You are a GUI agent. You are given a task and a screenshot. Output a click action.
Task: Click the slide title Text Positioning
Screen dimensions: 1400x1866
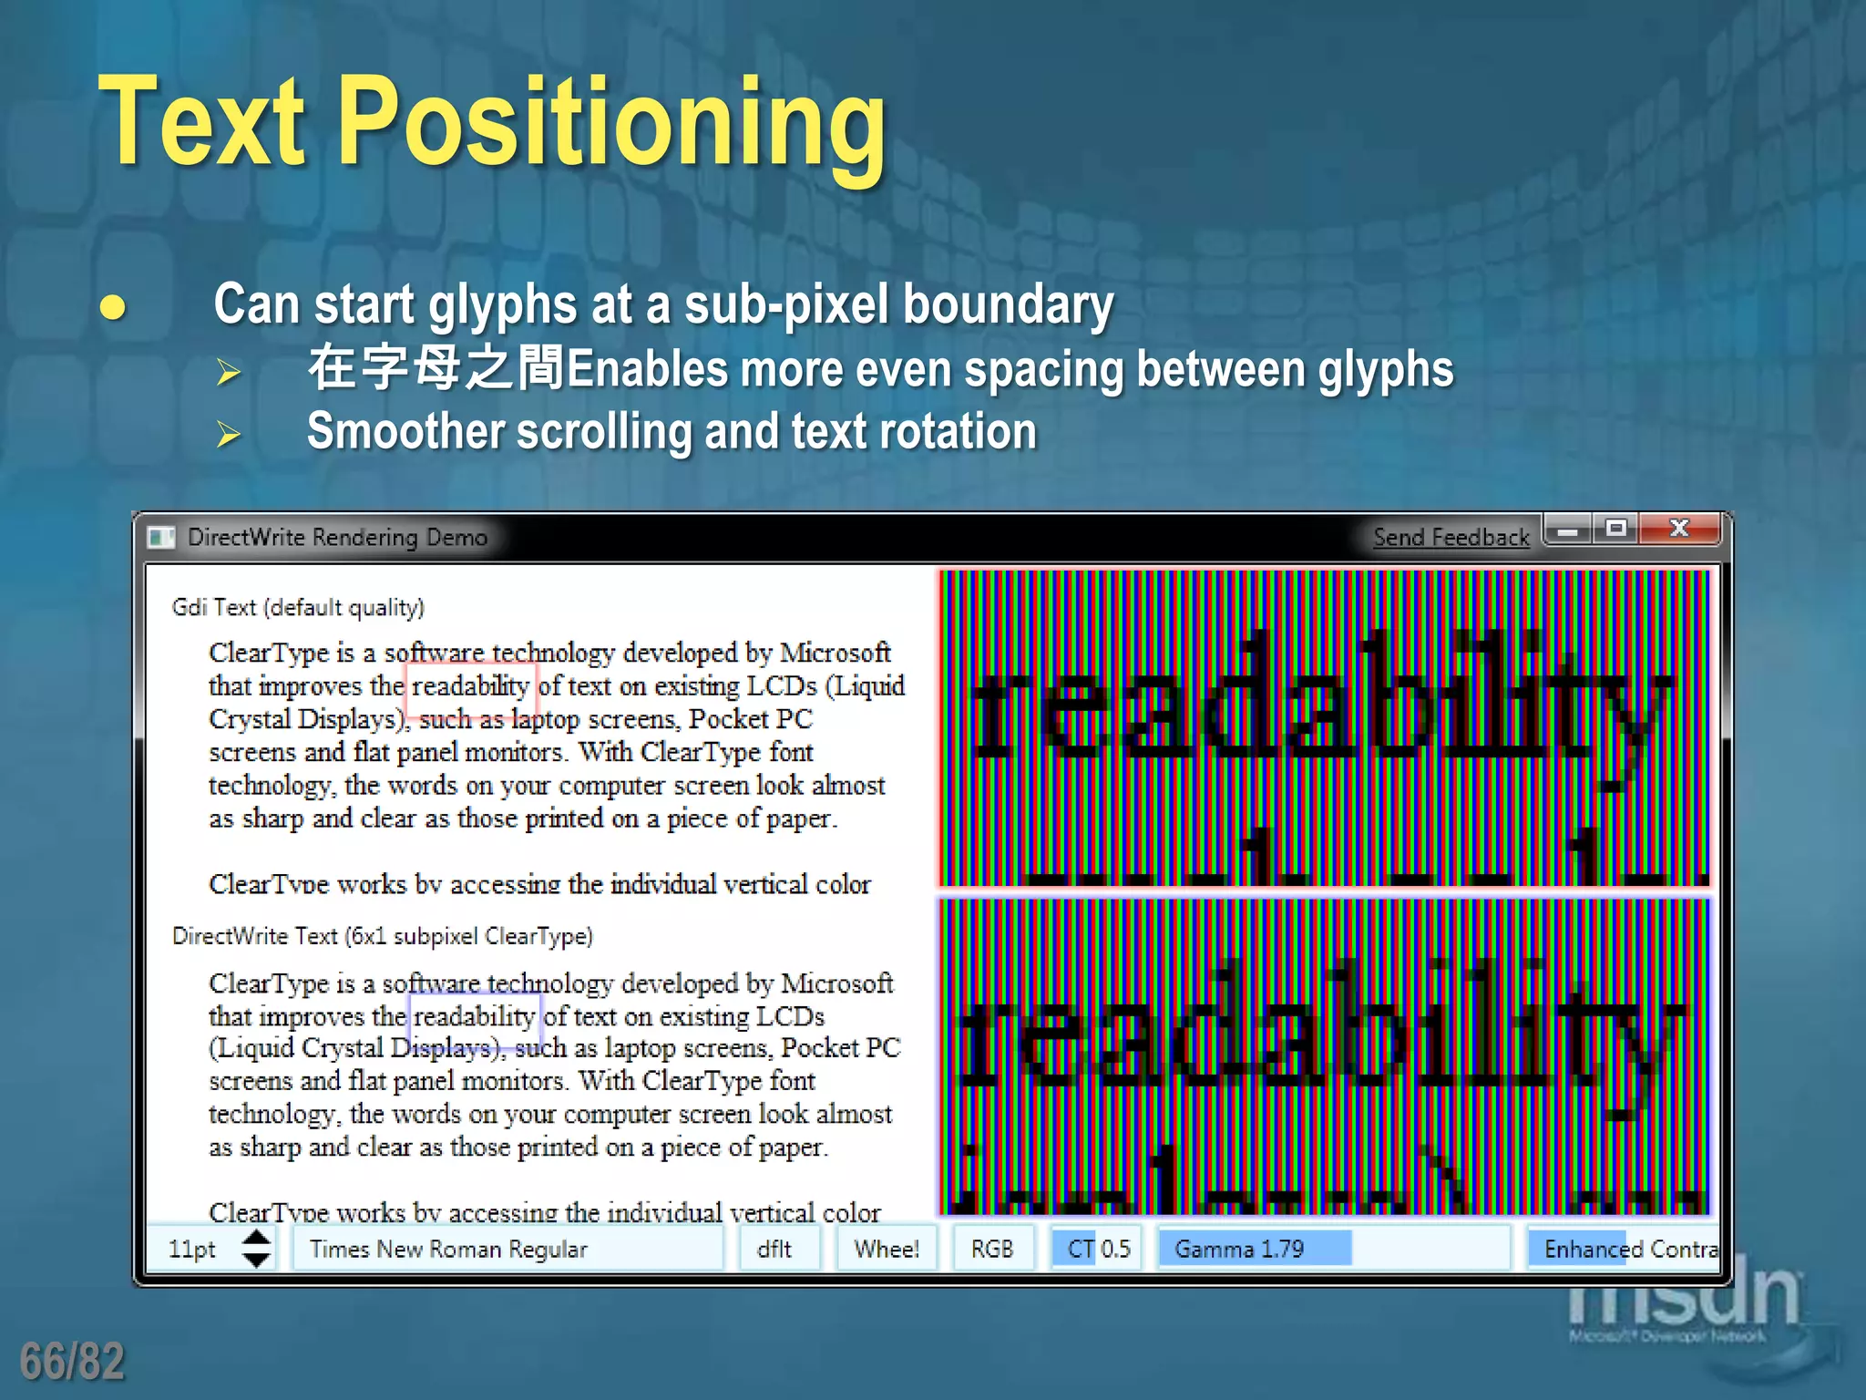(x=492, y=123)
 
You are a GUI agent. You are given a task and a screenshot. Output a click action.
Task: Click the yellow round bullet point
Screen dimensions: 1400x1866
(x=113, y=308)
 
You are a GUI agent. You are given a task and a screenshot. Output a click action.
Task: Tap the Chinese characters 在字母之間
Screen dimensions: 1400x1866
(x=436, y=369)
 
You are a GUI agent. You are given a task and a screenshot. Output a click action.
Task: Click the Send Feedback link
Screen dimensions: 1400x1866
(x=1451, y=538)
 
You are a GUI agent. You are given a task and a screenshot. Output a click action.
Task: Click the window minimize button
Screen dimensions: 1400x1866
(x=1568, y=530)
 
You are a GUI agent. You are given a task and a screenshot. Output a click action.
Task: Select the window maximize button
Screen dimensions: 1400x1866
(x=1616, y=529)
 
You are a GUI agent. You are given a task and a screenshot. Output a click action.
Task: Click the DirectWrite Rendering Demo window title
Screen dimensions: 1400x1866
(x=337, y=538)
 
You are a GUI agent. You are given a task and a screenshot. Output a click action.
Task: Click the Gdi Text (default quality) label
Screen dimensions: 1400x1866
(x=298, y=608)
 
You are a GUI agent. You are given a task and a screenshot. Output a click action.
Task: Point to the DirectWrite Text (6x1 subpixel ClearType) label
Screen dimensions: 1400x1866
(x=383, y=937)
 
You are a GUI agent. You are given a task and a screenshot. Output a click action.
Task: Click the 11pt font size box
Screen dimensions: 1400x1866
(x=193, y=1250)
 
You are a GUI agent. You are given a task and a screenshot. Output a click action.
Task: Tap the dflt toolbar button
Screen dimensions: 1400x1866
(x=775, y=1250)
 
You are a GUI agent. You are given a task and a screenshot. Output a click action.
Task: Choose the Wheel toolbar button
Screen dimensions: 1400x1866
(x=887, y=1250)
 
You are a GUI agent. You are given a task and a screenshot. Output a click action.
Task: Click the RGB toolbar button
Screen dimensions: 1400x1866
(x=992, y=1250)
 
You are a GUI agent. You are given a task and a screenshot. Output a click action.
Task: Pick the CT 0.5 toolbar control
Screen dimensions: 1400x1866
(x=1098, y=1250)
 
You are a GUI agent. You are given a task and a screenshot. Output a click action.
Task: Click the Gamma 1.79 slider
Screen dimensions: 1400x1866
(x=1253, y=1250)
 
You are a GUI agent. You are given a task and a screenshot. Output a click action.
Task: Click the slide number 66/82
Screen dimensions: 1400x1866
(x=72, y=1362)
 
